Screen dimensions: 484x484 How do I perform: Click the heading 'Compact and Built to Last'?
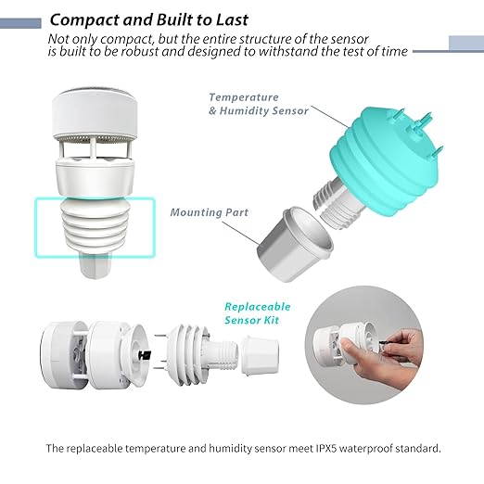pos(149,19)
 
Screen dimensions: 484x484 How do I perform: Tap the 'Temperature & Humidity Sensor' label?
pos(259,104)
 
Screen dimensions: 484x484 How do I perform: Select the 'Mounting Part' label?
pos(210,212)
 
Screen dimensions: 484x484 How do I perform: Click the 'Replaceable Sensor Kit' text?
pos(258,313)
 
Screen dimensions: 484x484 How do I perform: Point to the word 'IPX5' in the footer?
pos(325,448)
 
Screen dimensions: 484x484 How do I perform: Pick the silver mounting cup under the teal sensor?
pos(295,244)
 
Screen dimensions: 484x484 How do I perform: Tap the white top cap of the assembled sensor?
pos(95,113)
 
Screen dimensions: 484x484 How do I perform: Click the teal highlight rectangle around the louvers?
pos(36,227)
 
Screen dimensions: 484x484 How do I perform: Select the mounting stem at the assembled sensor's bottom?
pos(96,265)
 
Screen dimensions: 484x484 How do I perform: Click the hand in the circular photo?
pos(383,359)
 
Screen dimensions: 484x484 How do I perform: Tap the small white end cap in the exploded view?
pos(260,355)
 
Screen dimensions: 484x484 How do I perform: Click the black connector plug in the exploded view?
pos(145,355)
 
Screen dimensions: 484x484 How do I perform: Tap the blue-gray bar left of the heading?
pos(20,23)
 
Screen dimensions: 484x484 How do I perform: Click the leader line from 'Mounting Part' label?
pos(241,233)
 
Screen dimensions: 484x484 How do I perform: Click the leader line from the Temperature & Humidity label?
pos(331,117)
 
